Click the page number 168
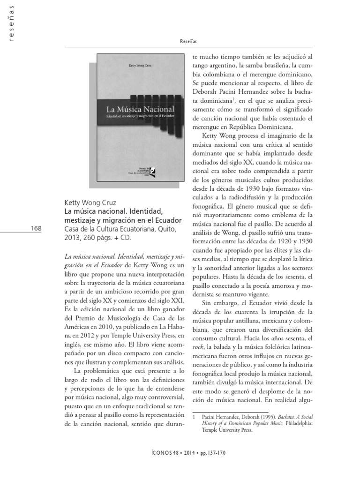(35, 228)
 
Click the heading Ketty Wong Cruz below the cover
(90, 203)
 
